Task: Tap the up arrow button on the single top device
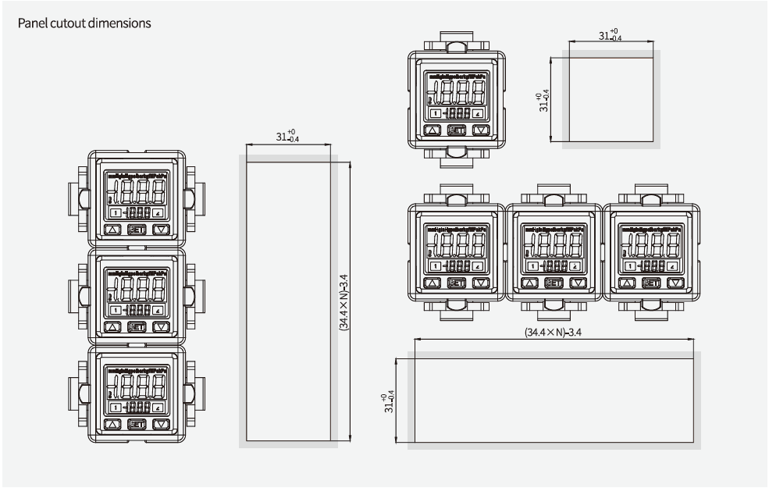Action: click(x=432, y=131)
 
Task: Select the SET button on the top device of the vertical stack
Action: click(x=137, y=230)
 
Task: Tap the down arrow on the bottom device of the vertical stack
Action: click(x=162, y=424)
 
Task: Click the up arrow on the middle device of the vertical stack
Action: click(x=112, y=327)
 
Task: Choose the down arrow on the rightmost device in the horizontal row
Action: click(x=676, y=284)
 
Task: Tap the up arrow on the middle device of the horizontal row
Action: click(x=529, y=284)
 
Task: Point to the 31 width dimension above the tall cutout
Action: click(x=287, y=137)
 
